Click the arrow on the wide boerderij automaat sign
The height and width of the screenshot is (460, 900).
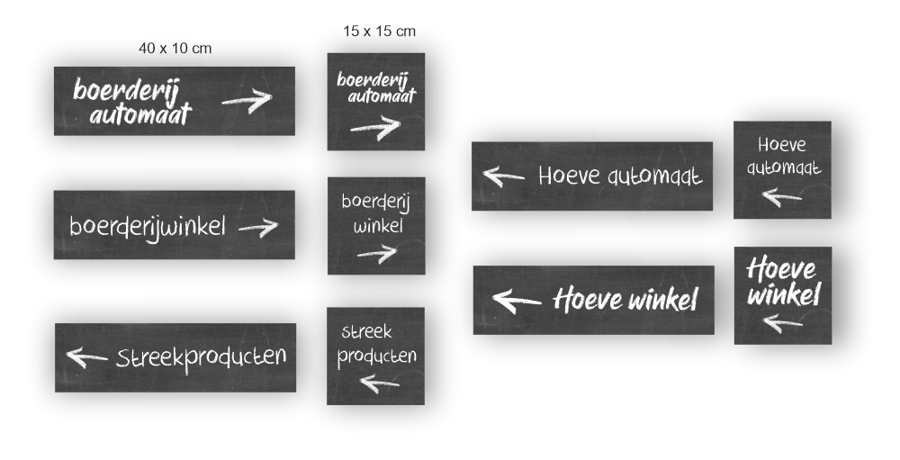pos(247,100)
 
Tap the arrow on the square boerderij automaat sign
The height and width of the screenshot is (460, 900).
pos(375,128)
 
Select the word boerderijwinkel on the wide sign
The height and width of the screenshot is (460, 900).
pos(148,225)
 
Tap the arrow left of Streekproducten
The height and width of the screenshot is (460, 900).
pos(86,356)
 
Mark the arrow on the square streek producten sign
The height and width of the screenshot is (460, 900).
pos(380,383)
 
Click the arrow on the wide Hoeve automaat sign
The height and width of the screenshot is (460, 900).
pos(503,176)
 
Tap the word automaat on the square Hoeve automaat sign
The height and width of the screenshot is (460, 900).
pos(783,167)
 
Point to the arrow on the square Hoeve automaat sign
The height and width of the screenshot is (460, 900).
pos(781,195)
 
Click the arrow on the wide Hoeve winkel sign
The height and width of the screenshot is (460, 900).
pos(517,300)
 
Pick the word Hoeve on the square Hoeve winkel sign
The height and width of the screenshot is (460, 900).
pos(781,268)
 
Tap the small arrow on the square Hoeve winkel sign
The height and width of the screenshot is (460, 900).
pos(781,321)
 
